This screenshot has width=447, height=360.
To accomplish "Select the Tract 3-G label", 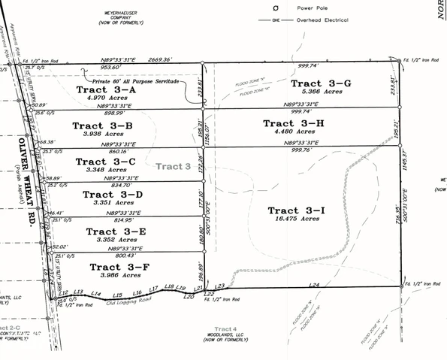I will [321, 83].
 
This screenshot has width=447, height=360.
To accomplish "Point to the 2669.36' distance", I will [162, 58].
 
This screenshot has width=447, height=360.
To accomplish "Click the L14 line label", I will [95, 293].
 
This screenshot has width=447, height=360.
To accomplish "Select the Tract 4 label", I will [225, 328].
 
